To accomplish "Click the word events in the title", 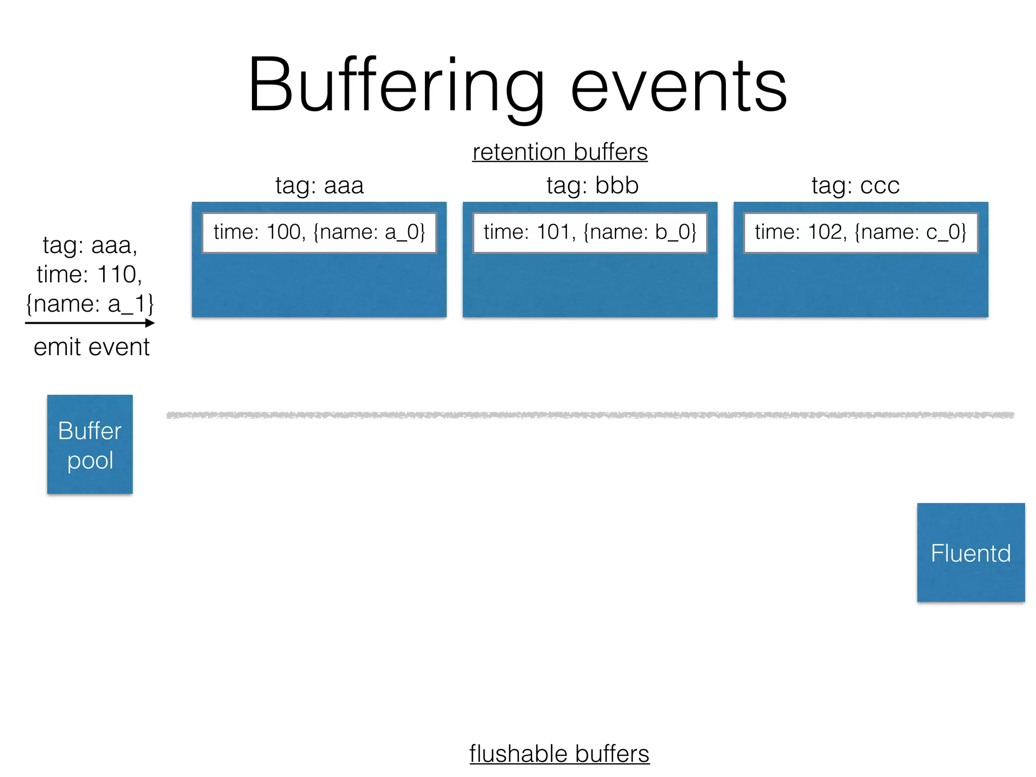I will point(678,86).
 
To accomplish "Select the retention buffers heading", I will point(559,152).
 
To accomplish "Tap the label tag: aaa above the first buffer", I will point(319,186).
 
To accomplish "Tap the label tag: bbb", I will point(592,186).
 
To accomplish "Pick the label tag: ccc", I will point(855,186).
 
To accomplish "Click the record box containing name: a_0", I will point(319,233).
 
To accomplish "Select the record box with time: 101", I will point(590,233).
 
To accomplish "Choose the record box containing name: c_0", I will point(860,233).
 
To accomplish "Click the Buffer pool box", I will point(90,444).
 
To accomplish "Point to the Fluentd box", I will point(971,552).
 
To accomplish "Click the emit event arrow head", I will point(150,323).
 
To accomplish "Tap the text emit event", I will point(92,348).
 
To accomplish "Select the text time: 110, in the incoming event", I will point(90,275).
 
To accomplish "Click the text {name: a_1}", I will point(90,304).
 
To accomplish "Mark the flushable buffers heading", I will point(559,754).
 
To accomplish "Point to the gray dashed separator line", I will point(590,415).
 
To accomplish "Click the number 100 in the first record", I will point(284,232).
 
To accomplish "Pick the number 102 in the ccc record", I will point(827,232).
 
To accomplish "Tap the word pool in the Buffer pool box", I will point(90,461).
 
